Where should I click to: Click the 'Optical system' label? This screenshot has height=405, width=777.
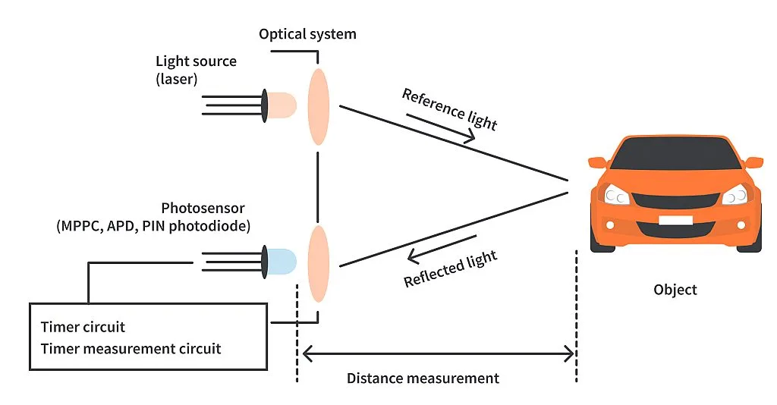(x=307, y=34)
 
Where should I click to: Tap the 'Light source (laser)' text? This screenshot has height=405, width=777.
(x=196, y=69)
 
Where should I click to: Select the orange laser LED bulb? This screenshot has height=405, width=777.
(x=282, y=105)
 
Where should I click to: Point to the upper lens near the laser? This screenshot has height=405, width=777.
(x=319, y=105)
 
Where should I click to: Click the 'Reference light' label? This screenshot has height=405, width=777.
(x=449, y=109)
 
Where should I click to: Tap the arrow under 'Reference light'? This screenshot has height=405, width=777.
(x=441, y=127)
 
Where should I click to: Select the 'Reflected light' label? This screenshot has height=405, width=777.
(x=450, y=269)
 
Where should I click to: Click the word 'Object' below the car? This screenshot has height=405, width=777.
(x=675, y=290)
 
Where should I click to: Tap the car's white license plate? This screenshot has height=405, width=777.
(x=675, y=221)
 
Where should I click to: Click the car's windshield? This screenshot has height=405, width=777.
(x=675, y=155)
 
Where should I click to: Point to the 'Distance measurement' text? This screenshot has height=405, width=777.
(x=423, y=378)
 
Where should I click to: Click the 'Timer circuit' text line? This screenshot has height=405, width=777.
(x=83, y=328)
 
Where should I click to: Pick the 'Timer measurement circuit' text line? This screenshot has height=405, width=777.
(x=131, y=349)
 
